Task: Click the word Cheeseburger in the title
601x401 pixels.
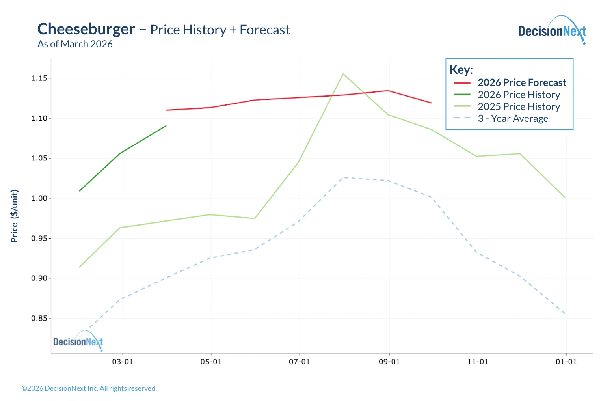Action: point(86,30)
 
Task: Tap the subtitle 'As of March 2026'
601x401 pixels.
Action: point(75,44)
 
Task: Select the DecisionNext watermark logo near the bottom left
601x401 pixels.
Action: point(78,341)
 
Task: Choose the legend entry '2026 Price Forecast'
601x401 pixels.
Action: point(522,83)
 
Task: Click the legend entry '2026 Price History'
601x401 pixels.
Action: point(519,95)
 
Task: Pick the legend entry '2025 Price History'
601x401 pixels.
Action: point(519,107)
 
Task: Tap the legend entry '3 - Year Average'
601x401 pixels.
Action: point(513,119)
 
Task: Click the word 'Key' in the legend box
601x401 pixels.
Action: point(460,70)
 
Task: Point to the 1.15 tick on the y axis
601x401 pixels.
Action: point(39,78)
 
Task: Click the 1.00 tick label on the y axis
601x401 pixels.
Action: point(39,198)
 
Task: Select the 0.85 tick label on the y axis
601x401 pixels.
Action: point(39,318)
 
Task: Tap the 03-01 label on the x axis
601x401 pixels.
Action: point(123,362)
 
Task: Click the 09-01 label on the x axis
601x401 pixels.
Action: point(389,362)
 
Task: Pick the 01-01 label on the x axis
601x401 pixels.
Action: point(566,362)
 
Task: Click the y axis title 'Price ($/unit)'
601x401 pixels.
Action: point(15,216)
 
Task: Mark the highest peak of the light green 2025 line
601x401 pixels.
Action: point(343,74)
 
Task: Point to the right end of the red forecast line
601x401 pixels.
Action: point(431,103)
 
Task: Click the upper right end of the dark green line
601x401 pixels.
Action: point(166,126)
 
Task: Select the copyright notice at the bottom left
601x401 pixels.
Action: point(89,388)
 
